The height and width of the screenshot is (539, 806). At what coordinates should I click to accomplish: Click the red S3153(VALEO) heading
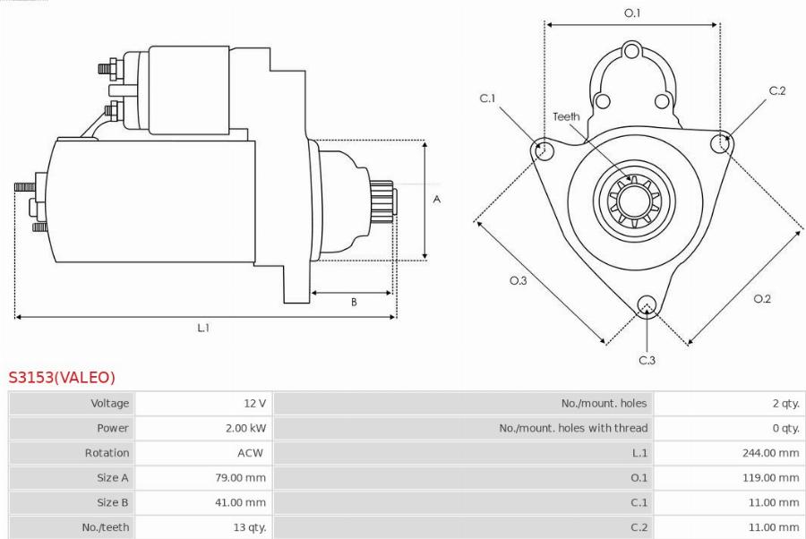(62, 377)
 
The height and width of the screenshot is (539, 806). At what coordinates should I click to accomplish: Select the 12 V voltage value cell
(255, 403)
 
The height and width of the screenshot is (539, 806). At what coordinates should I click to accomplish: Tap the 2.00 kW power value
(245, 428)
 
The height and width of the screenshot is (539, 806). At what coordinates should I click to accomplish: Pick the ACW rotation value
(251, 453)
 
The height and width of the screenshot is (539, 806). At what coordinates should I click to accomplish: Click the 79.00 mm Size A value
(241, 477)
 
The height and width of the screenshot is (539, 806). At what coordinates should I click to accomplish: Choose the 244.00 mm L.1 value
(770, 453)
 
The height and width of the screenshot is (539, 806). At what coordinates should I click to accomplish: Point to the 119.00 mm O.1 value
(770, 477)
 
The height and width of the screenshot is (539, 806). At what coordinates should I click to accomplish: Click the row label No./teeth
(106, 527)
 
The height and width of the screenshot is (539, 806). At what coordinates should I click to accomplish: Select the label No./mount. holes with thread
(573, 428)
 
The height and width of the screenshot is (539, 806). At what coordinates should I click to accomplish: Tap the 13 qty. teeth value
(250, 527)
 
